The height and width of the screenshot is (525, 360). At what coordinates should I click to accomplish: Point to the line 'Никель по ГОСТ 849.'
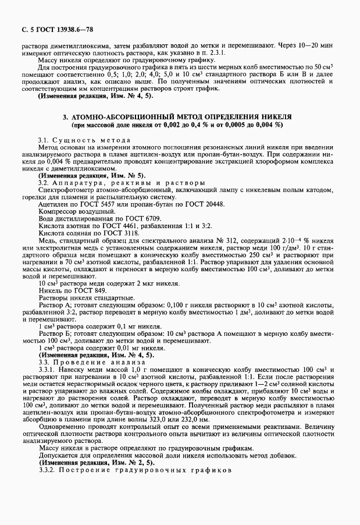72,289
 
